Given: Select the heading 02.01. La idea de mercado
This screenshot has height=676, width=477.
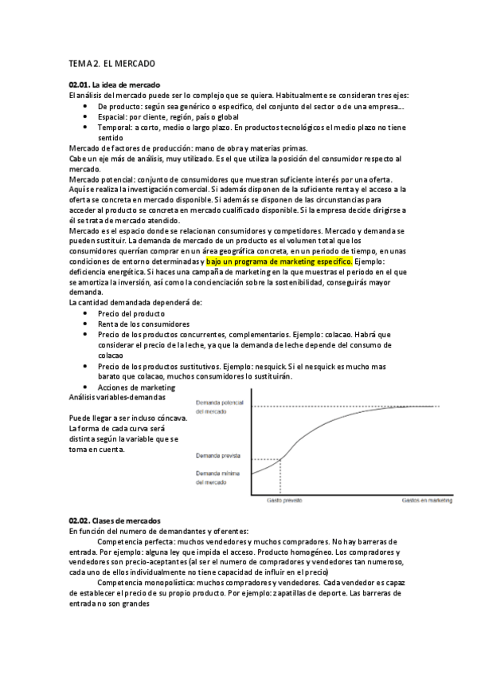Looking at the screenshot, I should tap(115, 84).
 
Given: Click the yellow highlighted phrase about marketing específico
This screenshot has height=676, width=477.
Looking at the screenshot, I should tap(279, 261).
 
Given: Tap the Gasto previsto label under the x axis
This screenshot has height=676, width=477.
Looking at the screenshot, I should tap(283, 501).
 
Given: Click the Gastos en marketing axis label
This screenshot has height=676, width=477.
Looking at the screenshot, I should tap(425, 501).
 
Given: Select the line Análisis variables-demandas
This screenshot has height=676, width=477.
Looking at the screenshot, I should tap(117, 396).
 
